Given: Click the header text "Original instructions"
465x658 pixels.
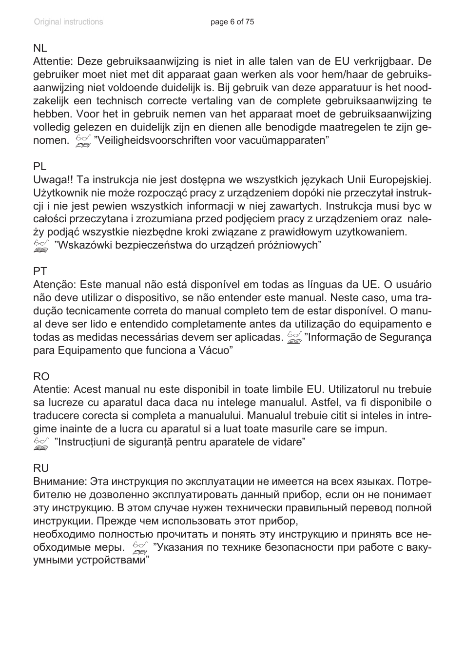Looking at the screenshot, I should pos(68,22).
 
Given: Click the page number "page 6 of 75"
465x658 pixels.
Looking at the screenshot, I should pos(232,22).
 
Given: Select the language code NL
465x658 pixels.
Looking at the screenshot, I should pos(40,48).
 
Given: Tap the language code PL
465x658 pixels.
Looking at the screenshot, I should pos(39,167).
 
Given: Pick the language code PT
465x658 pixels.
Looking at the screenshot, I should pos(40,271).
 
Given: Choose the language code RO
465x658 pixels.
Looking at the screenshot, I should pos(41,376).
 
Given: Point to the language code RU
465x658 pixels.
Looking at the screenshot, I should pos(41,468).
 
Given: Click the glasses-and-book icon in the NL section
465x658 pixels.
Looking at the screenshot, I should pos(83,141).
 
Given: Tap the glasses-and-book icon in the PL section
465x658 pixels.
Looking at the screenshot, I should pos(41,246).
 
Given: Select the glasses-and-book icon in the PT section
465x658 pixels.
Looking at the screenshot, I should pos(294,338).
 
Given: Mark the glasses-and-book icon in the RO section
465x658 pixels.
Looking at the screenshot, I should pos(41,443).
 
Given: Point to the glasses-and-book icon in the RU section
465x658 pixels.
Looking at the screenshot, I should pos(140,548).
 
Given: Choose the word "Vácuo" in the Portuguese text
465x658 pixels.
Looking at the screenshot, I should pos(214,350).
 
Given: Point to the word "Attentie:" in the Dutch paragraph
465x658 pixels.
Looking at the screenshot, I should pos(53,61).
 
